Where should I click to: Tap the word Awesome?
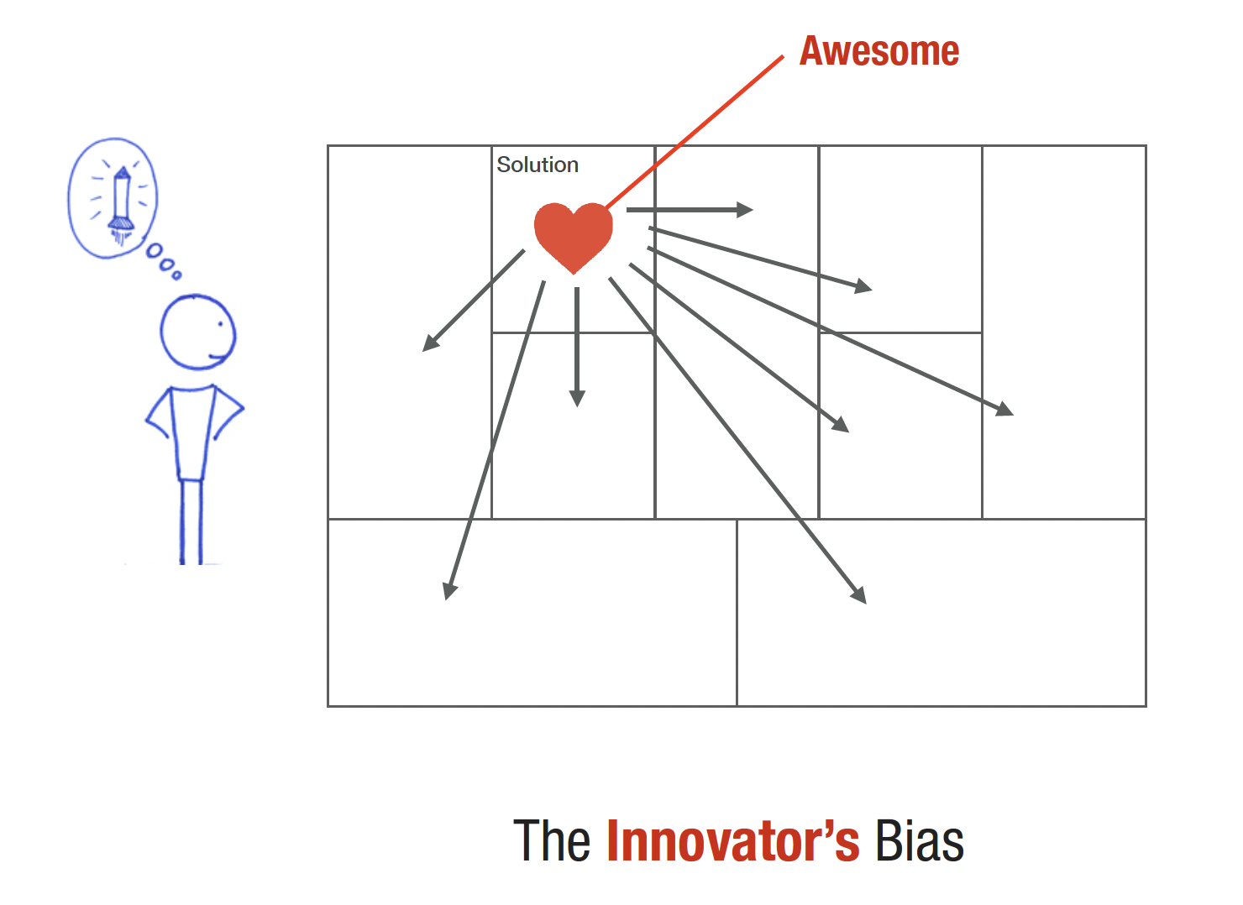click(x=879, y=51)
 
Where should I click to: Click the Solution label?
click(x=538, y=165)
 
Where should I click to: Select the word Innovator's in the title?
click(x=733, y=840)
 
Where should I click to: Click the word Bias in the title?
click(x=920, y=840)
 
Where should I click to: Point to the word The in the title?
click(x=552, y=840)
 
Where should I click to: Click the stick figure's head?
click(x=198, y=332)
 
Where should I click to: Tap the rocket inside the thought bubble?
click(x=122, y=204)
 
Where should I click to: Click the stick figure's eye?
click(x=220, y=324)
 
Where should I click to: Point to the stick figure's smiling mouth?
click(x=218, y=357)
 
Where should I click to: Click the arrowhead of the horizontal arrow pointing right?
click(x=745, y=210)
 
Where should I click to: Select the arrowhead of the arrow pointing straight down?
click(x=577, y=398)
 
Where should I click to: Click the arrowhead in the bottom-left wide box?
click(x=449, y=590)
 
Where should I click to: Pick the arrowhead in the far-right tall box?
click(x=1005, y=410)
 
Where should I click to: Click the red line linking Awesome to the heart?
click(x=695, y=132)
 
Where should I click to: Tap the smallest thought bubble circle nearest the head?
click(x=176, y=275)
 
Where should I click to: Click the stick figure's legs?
click(x=191, y=522)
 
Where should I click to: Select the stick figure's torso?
click(x=192, y=432)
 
